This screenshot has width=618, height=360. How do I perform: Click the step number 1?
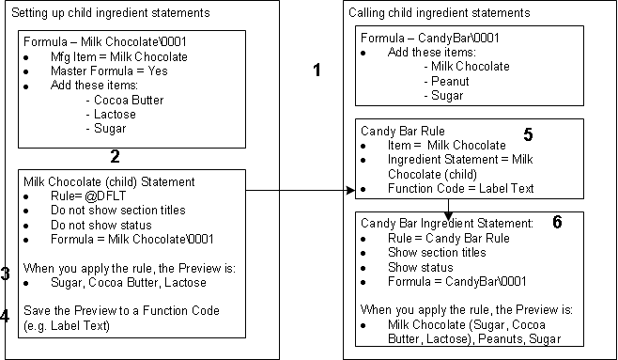coord(317,70)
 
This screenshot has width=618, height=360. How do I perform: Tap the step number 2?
coord(115,157)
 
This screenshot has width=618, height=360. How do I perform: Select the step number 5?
coord(528,134)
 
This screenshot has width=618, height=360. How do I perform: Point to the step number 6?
coord(557,222)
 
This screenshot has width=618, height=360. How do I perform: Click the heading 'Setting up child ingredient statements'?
coord(111,12)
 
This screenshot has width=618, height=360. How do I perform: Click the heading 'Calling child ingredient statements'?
coord(439,12)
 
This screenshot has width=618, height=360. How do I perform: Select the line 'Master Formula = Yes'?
coord(109,71)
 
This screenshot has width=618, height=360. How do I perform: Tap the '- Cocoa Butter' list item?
coord(125,100)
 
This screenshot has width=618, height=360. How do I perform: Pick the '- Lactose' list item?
coord(111,114)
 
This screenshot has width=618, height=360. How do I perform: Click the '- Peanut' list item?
coord(446,81)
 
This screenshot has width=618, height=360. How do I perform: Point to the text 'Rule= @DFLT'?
coord(88,196)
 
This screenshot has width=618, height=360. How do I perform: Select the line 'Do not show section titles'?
coord(118,210)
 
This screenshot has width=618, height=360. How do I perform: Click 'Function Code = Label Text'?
coord(461,189)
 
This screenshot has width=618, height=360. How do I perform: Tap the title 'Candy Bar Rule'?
coord(403,131)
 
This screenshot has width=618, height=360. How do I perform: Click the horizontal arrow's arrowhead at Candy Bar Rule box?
coord(351,191)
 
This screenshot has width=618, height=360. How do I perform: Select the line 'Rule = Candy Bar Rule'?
coord(449,238)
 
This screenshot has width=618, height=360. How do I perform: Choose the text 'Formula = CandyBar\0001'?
coord(456,281)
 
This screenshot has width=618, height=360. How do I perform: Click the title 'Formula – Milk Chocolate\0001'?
coord(105,41)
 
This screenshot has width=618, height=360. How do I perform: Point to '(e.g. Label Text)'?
coord(67,326)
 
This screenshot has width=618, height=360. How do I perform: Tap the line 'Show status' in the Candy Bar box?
coord(421,267)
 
